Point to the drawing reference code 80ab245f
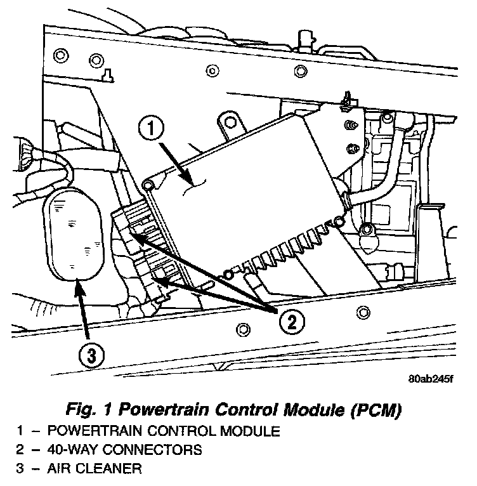[431, 380]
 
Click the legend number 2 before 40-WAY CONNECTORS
[21, 450]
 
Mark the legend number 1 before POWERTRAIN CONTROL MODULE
[21, 431]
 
